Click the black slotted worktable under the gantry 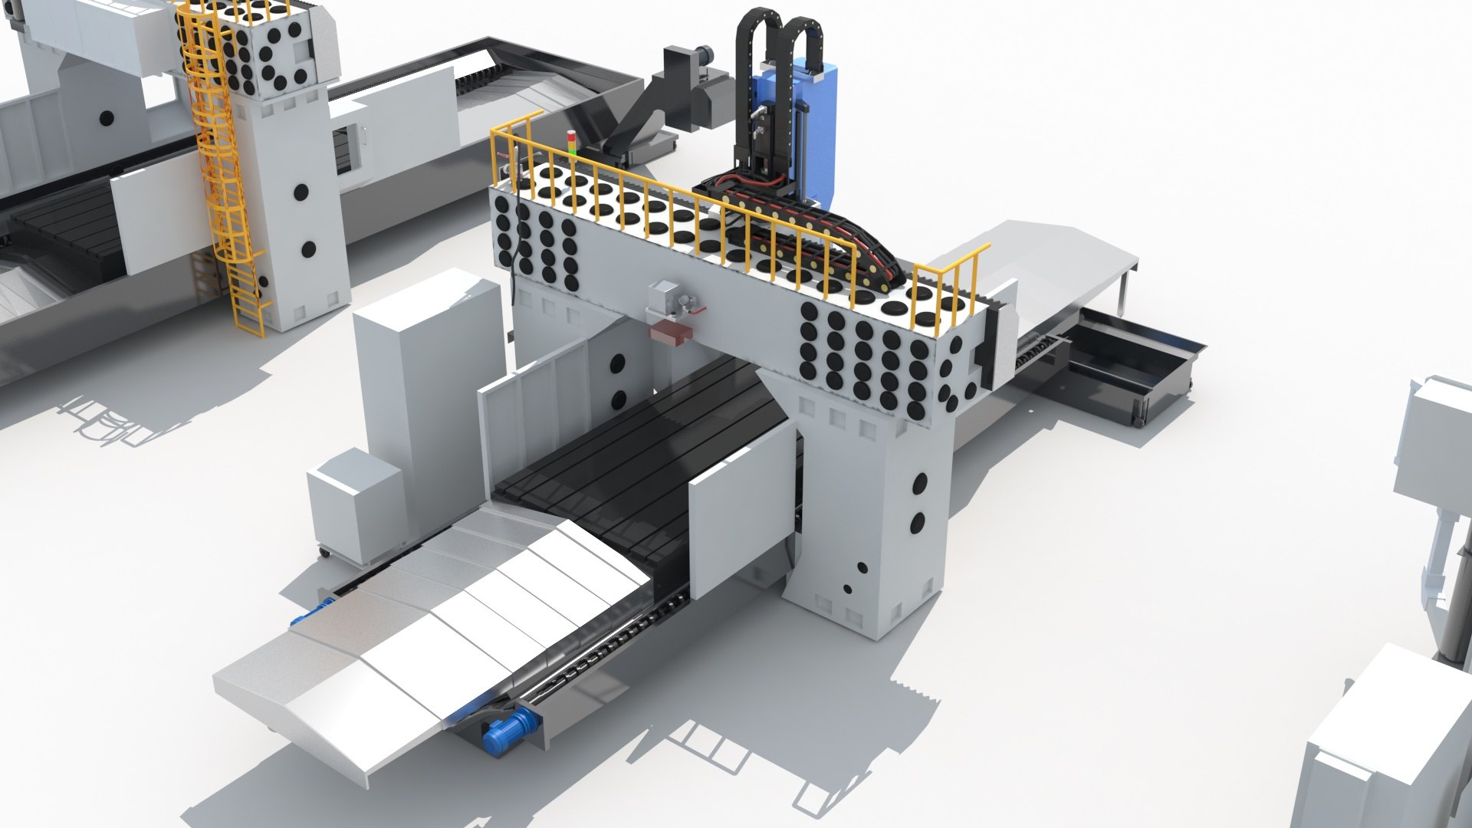636,460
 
